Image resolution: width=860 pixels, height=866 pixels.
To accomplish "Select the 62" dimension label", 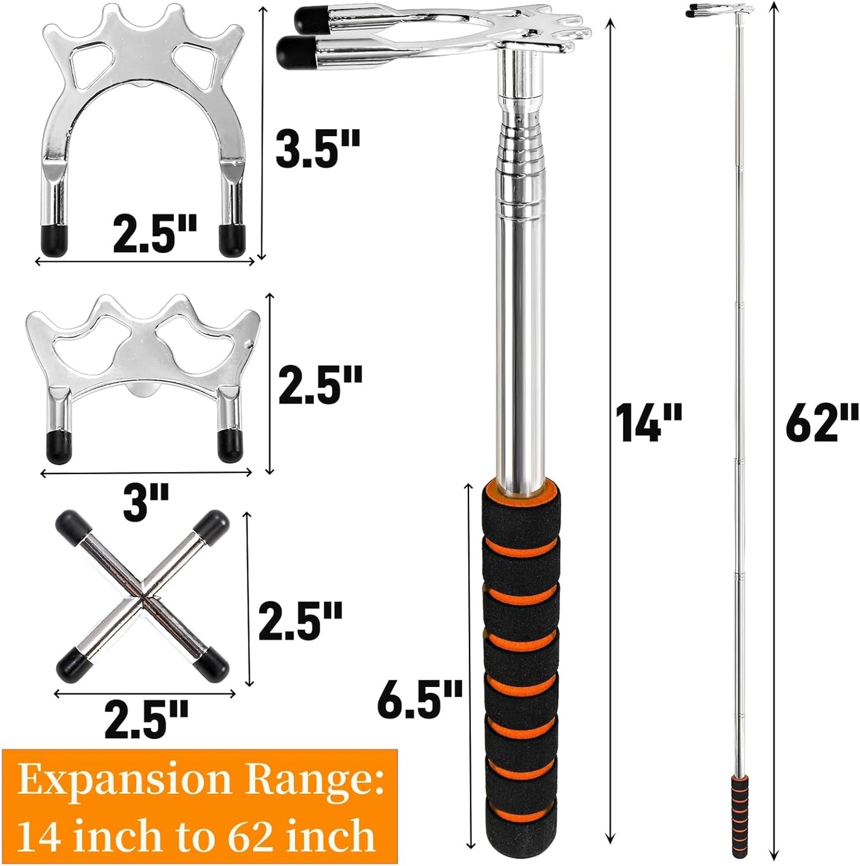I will pos(822,422).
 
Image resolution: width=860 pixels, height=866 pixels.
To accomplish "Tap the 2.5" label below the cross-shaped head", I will pos(146,718).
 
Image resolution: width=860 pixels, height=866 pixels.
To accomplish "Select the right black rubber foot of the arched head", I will pos(232,237).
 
